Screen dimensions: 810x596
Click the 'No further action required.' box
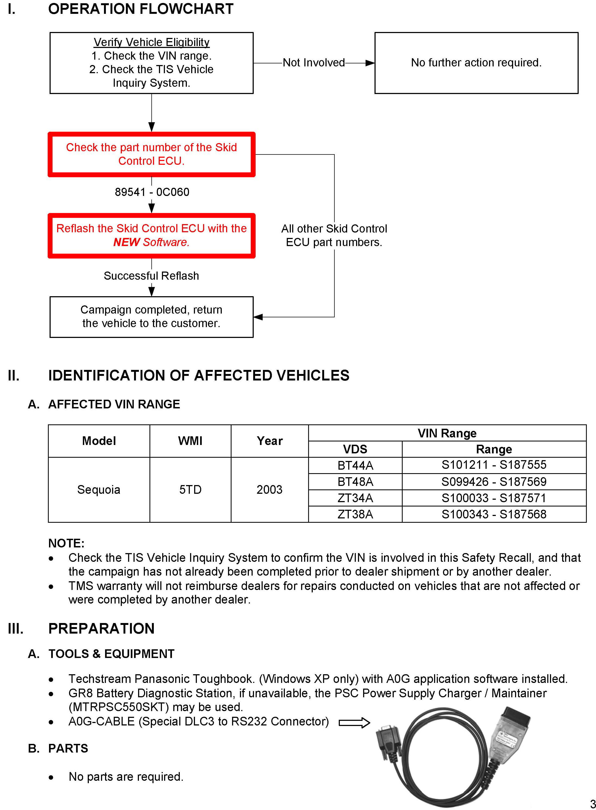[x=476, y=63]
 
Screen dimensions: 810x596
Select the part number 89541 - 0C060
[x=152, y=192]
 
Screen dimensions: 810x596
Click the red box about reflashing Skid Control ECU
[x=152, y=235]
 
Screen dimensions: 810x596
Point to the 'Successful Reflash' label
[x=151, y=276]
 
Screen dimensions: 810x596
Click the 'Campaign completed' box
[x=152, y=317]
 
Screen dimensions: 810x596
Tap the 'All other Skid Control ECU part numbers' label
[x=334, y=235]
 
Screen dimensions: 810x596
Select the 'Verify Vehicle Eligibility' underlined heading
[x=152, y=42]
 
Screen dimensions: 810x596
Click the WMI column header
[x=190, y=441]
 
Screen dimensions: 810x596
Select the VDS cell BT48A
[x=355, y=482]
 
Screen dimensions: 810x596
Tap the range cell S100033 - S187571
[x=494, y=498]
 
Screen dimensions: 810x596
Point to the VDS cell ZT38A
[x=355, y=514]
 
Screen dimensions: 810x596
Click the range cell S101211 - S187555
[x=494, y=465]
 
